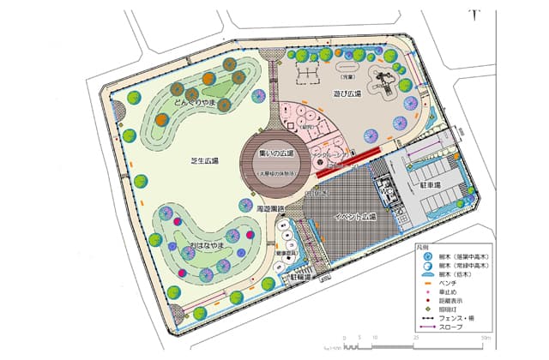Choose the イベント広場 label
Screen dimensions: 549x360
(x=351, y=215)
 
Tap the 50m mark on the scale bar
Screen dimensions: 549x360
(x=485, y=339)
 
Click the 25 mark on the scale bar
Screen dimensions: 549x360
(x=417, y=339)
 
